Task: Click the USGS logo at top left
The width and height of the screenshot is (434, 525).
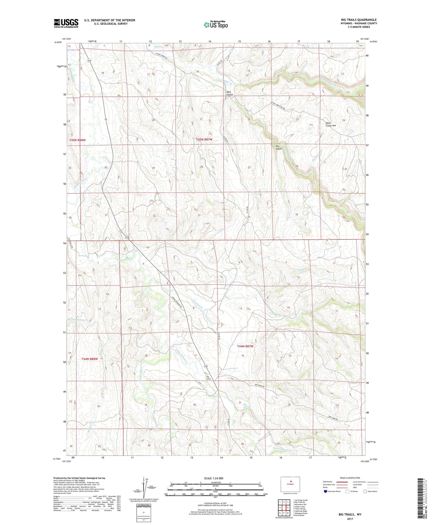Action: [66, 23]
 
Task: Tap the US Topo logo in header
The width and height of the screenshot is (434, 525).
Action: [216, 25]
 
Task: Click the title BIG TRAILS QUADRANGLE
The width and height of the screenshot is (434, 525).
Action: [359, 20]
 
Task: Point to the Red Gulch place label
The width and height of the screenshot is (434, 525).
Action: [230, 93]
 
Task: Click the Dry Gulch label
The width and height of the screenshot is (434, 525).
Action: [278, 147]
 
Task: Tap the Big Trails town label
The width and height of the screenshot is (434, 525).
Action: [208, 377]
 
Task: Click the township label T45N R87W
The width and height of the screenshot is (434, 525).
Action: [204, 140]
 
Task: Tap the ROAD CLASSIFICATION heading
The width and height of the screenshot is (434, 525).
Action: [350, 478]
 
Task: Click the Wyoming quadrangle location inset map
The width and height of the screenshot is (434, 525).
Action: [290, 484]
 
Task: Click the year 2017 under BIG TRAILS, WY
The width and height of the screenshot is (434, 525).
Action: [350, 518]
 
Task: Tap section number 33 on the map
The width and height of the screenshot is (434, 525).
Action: [199, 215]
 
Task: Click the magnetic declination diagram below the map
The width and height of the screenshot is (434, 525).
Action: [144, 488]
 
